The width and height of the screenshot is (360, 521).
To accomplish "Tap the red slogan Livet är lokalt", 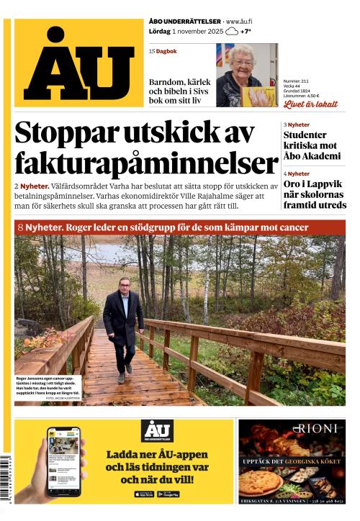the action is point(310,104).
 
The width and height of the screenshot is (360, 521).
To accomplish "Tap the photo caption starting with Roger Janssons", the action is point(48,386).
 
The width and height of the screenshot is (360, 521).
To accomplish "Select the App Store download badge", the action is point(144,494).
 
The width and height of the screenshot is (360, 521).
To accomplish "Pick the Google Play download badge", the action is point(168,494).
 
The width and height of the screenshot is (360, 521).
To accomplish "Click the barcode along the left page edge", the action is point(7,478).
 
